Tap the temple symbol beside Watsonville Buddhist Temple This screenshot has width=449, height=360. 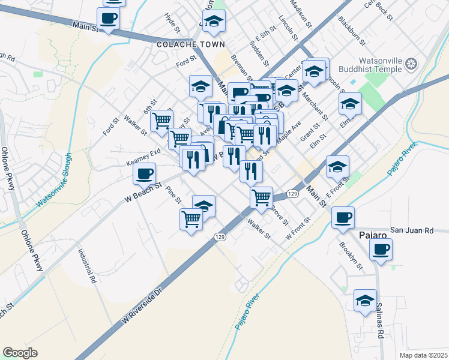point(411,64)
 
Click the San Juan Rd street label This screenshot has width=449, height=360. point(411,230)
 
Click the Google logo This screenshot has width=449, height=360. point(20,353)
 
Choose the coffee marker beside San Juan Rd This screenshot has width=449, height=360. point(343,217)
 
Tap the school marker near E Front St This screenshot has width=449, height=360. point(338,166)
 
